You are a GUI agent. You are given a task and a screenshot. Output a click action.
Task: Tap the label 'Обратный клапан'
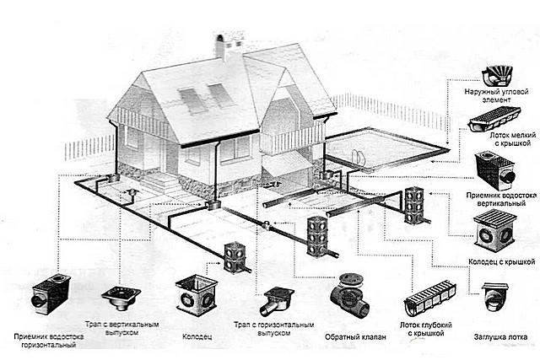pos(355,337)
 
